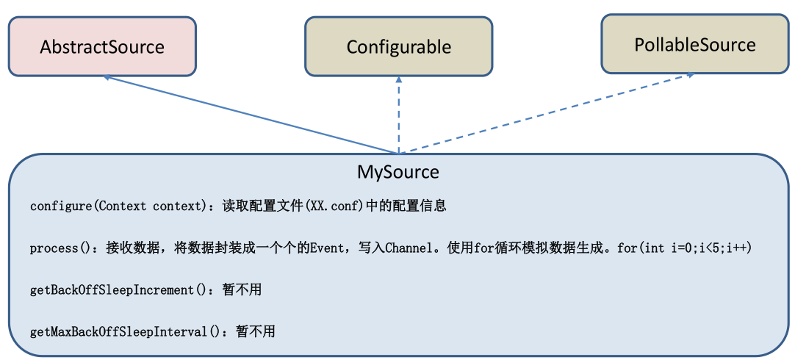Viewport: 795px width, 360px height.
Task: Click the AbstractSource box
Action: tap(102, 46)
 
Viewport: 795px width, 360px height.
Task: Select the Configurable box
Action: tap(398, 47)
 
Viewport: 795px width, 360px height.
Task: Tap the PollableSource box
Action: tap(694, 44)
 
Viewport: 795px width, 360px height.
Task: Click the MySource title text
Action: tap(397, 173)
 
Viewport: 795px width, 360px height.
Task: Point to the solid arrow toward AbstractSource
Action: tap(250, 114)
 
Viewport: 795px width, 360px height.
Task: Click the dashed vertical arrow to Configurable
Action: tap(398, 118)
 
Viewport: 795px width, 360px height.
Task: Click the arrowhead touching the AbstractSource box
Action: tap(108, 76)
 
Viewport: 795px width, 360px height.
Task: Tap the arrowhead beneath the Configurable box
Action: tap(398, 79)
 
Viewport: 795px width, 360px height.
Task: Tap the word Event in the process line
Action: tap(325, 248)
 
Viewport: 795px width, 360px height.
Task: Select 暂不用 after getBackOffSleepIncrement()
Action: tap(242, 290)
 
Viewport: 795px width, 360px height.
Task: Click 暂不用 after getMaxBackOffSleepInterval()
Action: tap(255, 332)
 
